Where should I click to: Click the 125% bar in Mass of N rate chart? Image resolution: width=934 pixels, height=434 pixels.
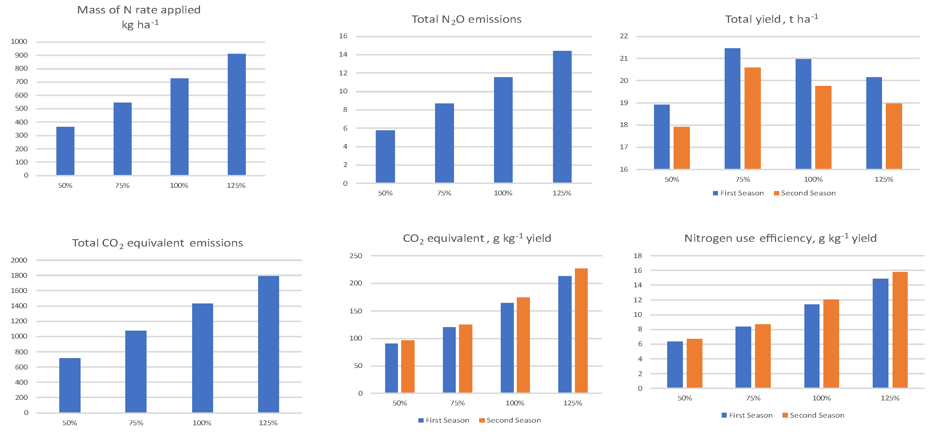[x=236, y=114]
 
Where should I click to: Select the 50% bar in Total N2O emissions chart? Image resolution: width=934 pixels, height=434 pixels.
[x=385, y=156]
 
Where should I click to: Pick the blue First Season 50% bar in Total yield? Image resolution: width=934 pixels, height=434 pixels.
[x=662, y=137]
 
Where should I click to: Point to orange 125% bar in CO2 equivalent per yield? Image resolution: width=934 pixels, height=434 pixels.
[x=581, y=330]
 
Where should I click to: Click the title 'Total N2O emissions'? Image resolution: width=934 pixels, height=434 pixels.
[x=466, y=19]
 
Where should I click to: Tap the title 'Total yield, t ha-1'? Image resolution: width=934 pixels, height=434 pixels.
[x=771, y=19]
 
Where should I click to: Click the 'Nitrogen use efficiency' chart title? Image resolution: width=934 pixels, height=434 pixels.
[x=780, y=238]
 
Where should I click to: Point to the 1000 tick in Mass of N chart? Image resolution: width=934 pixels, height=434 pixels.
[x=19, y=41]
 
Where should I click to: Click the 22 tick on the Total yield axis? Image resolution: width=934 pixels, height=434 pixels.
[x=624, y=36]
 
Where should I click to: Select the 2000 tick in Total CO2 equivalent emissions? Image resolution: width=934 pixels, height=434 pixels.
[x=19, y=260]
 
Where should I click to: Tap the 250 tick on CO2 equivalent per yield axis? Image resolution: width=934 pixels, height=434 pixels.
[x=355, y=256]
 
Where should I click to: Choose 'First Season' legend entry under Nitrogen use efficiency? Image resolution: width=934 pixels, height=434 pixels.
[x=750, y=415]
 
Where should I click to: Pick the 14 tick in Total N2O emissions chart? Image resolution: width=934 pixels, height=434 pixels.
[x=343, y=54]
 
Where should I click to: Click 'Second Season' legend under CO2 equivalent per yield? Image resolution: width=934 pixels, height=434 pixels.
[x=513, y=420]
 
